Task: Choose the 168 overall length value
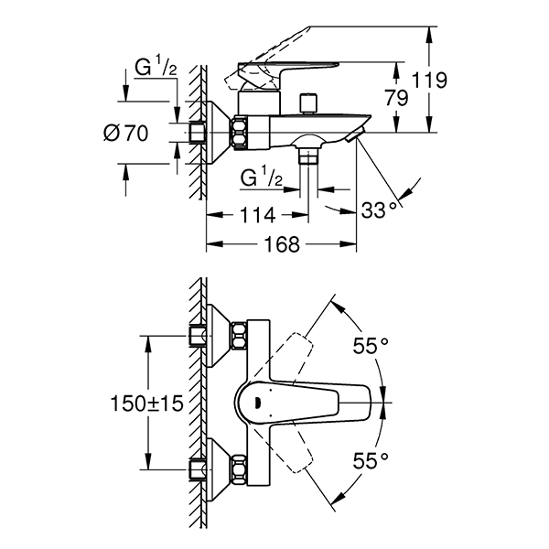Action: click(281, 245)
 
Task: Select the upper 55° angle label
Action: click(371, 346)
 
